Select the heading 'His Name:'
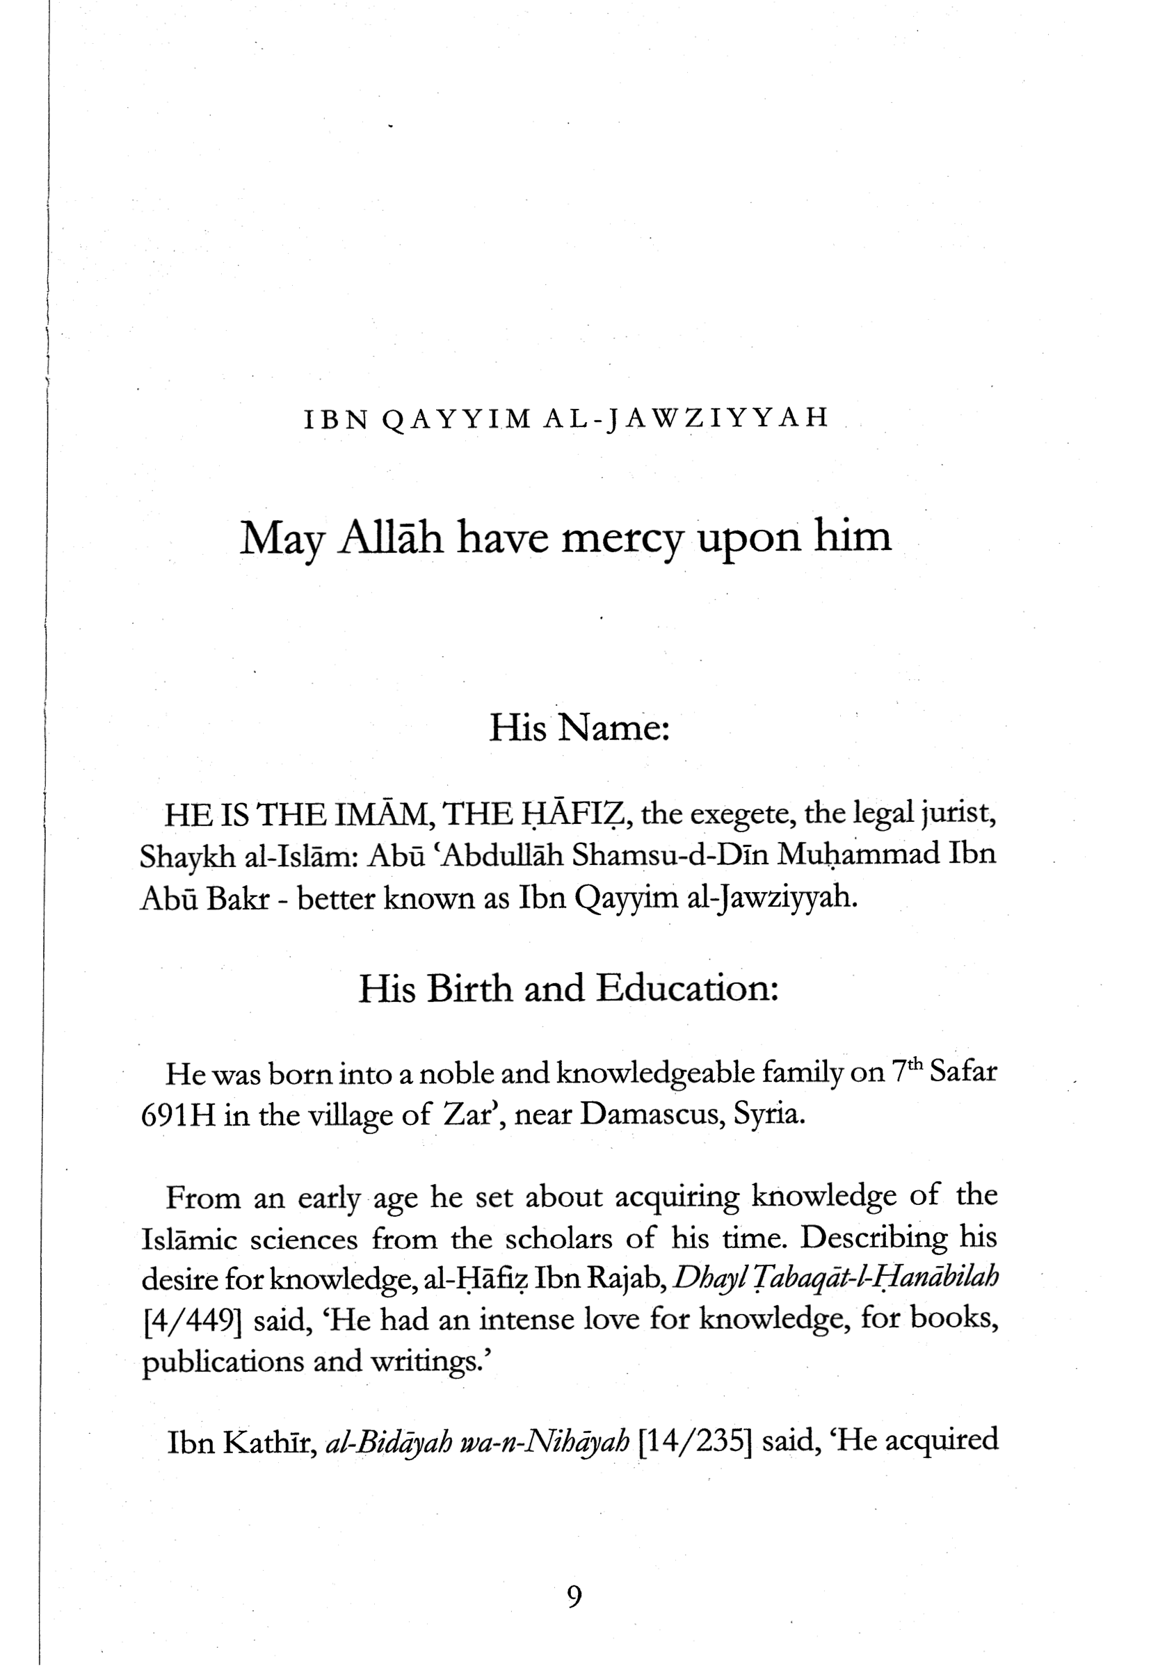579,727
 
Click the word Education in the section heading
686,989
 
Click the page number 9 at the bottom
574,1597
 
